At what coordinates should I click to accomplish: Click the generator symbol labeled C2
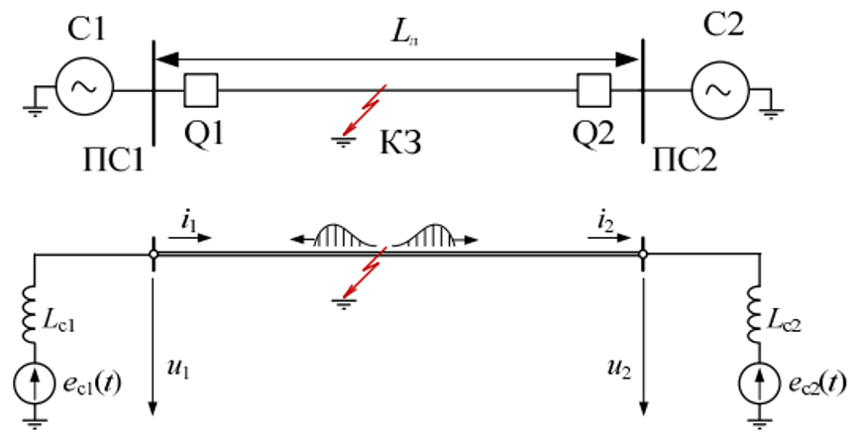click(x=720, y=89)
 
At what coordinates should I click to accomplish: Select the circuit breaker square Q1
click(x=201, y=90)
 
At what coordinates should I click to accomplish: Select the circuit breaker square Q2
click(x=594, y=90)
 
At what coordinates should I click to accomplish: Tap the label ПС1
click(x=114, y=161)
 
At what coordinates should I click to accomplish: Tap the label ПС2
click(x=685, y=161)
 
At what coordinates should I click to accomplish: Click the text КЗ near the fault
click(x=400, y=143)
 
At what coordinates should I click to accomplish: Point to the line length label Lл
click(x=405, y=33)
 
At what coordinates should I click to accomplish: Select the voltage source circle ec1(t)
click(x=35, y=384)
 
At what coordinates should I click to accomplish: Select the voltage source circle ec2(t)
click(x=760, y=384)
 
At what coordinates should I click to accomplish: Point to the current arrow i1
click(x=190, y=238)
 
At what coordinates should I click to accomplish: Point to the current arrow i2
click(x=609, y=238)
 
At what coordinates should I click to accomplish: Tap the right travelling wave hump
click(x=433, y=236)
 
